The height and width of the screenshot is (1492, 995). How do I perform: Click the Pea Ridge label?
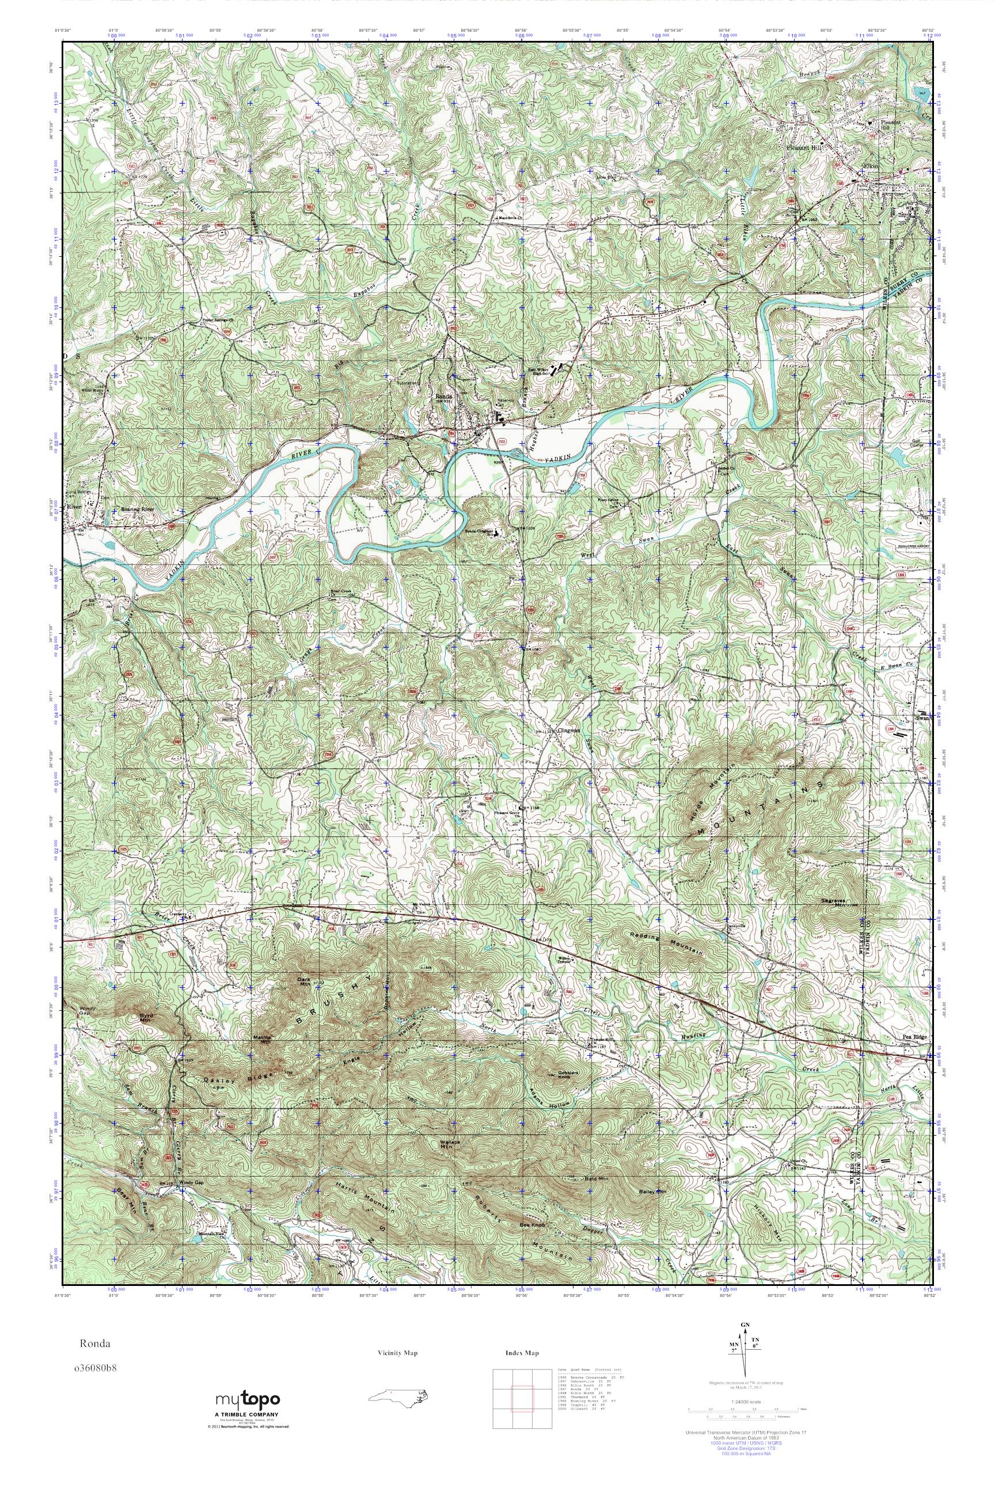pos(914,1037)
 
